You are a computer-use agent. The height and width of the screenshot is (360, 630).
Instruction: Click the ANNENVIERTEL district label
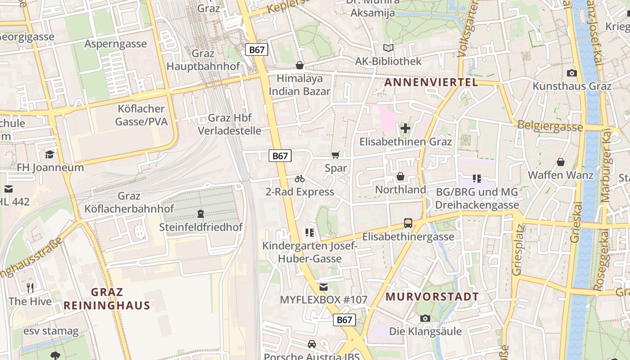click(x=431, y=82)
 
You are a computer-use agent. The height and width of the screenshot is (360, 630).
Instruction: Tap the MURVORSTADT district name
click(x=432, y=297)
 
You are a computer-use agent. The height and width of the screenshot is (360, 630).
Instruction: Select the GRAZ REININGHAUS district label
click(x=107, y=299)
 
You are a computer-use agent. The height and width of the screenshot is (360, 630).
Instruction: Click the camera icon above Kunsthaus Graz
click(x=571, y=73)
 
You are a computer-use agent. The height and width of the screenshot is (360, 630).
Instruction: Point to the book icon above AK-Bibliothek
click(x=388, y=48)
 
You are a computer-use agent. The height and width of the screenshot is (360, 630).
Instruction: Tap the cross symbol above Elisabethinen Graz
click(x=405, y=128)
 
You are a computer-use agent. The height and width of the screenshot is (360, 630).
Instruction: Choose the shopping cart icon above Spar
click(x=335, y=155)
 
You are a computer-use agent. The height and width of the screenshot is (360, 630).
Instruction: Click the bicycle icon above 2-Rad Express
click(x=300, y=179)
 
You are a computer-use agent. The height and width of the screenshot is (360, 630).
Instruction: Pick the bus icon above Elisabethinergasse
click(x=408, y=223)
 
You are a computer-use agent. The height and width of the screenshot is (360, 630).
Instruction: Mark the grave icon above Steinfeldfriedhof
click(x=201, y=213)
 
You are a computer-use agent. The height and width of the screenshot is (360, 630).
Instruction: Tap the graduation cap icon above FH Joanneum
click(x=49, y=154)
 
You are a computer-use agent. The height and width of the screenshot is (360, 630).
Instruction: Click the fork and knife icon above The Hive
click(x=30, y=288)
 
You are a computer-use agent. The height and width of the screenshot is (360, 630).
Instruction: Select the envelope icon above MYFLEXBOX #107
click(x=323, y=287)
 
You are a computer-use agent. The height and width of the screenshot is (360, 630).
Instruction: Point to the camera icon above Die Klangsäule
click(x=425, y=318)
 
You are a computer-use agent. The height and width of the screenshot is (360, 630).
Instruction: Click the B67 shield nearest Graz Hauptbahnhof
click(x=256, y=49)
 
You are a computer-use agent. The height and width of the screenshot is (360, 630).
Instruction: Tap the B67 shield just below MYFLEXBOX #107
click(x=344, y=320)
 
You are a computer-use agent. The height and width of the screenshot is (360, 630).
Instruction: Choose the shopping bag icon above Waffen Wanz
click(x=561, y=162)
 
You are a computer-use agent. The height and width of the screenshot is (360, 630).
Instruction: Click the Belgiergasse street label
click(x=550, y=126)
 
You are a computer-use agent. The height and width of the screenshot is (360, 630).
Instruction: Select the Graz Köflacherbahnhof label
click(x=129, y=202)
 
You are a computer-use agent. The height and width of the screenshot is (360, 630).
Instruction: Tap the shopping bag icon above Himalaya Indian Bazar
click(x=300, y=66)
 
